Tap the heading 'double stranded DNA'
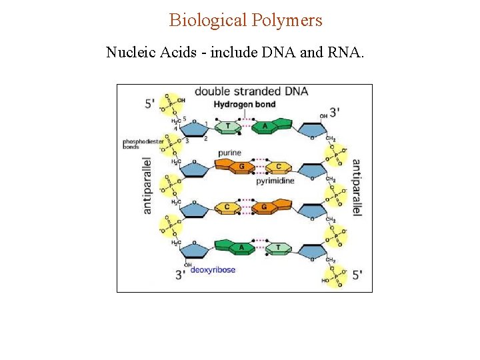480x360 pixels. [x=251, y=91]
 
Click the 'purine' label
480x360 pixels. [x=229, y=153]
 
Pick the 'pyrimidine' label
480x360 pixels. [x=275, y=180]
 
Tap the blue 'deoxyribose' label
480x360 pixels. [x=213, y=270]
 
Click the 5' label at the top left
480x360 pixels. [x=150, y=103]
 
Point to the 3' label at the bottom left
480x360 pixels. [x=180, y=275]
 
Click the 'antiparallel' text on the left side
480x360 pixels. [x=148, y=185]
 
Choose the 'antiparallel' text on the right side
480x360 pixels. [x=357, y=187]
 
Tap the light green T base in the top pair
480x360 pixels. [x=229, y=125]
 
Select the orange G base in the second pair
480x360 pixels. [x=242, y=167]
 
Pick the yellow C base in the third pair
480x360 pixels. [x=227, y=207]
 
